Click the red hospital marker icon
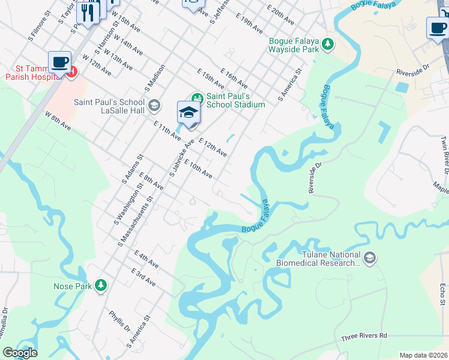71,73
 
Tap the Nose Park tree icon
101,286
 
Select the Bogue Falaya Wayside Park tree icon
328,43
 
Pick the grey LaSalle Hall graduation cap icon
154,106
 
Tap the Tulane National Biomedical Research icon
369,259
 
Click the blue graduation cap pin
188,113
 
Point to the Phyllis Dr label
119,320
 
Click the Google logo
20,353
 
